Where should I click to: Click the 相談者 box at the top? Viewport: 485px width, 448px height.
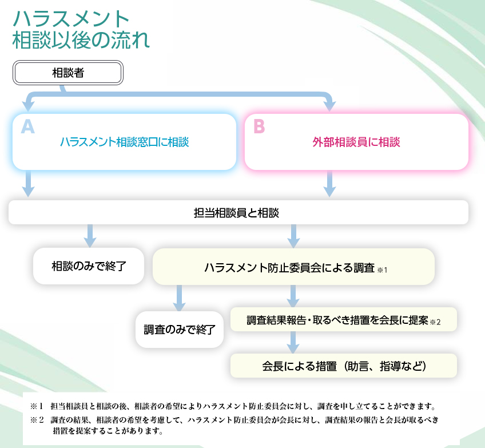coord(67,73)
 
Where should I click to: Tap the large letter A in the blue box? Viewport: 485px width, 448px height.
coord(28,127)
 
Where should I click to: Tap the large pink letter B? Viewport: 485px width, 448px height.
coord(259,126)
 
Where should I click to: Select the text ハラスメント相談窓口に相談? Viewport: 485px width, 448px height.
coord(124,142)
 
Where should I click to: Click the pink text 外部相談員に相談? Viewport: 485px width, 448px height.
coord(356,142)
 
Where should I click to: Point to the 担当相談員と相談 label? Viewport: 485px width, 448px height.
coord(236,213)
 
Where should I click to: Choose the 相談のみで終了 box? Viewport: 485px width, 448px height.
coord(89,266)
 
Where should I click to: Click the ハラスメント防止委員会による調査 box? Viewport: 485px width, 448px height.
coord(293,267)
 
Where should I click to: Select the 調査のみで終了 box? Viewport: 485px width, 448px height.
coord(180,330)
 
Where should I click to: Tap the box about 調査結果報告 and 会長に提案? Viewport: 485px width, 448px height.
coord(343,320)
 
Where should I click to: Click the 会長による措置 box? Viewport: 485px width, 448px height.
coord(343,366)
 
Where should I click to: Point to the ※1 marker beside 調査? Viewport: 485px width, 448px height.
coord(382,270)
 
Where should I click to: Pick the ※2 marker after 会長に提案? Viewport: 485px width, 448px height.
coord(435,322)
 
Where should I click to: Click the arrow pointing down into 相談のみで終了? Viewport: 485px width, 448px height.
coord(90,236)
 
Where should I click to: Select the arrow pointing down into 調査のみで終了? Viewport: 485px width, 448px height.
coord(179,298)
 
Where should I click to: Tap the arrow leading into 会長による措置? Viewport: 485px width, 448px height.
coord(293,343)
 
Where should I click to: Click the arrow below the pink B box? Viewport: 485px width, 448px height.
coord(330,184)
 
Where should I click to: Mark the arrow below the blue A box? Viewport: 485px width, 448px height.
coord(28,184)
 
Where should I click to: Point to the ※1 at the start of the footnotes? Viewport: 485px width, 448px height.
coord(37,406)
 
